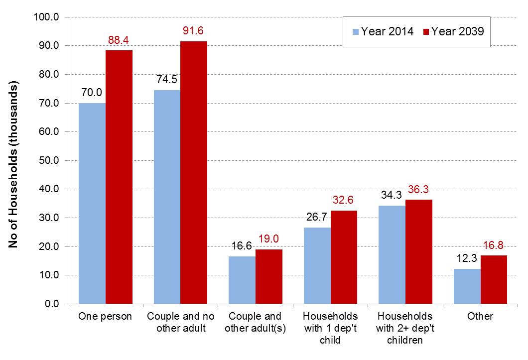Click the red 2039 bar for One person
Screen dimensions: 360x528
coord(119,177)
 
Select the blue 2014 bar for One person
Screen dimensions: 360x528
coord(92,203)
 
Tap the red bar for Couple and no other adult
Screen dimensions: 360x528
coord(194,172)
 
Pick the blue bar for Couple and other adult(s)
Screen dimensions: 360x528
coord(242,280)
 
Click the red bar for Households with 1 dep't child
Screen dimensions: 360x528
coord(344,257)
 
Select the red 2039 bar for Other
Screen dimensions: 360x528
coord(494,279)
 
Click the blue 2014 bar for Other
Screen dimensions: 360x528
coord(467,286)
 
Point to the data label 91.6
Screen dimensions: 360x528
coord(193,31)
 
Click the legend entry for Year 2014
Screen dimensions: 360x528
coord(382,31)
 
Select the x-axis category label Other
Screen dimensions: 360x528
coord(480,316)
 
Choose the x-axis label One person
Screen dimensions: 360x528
coord(106,316)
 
